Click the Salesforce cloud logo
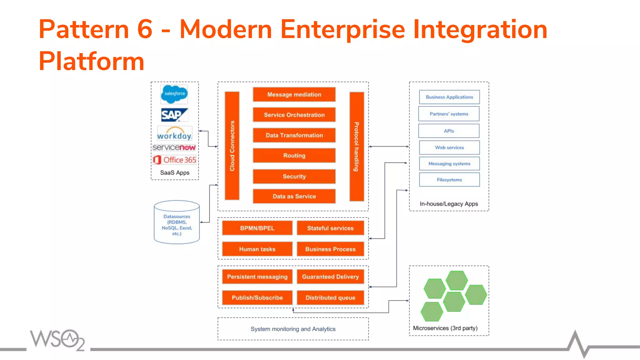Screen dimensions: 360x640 [174, 94]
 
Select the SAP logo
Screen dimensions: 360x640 [174, 115]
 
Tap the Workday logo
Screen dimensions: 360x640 [174, 134]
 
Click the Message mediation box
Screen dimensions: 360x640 [294, 94]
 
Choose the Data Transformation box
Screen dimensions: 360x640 [294, 135]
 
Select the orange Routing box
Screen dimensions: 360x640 [294, 156]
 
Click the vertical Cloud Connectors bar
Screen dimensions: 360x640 [232, 146]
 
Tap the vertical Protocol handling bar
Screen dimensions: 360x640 [357, 146]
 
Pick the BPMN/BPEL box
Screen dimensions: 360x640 [257, 228]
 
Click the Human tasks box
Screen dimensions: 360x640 [257, 249]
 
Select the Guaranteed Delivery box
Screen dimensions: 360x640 [330, 277]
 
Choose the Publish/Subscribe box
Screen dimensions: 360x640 [257, 297]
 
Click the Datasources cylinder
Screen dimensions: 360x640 [177, 222]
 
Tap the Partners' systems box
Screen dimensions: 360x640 [449, 114]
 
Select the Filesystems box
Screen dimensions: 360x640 [449, 180]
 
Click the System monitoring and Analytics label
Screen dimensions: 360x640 [293, 329]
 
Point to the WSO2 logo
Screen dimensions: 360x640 [57, 340]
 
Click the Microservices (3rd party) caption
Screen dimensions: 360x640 [445, 328]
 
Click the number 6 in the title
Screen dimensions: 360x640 [145, 29]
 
